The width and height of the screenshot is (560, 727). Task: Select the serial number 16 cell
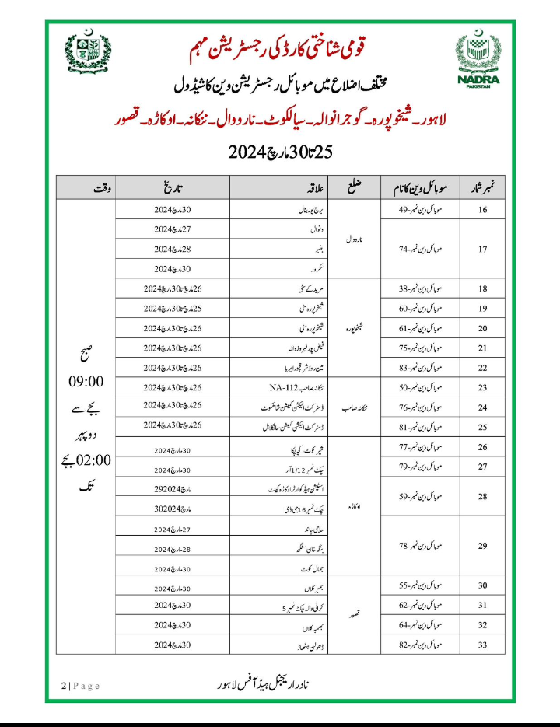pos(482,210)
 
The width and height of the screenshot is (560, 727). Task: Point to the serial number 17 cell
pos(482,250)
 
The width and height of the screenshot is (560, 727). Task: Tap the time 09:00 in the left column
pos(87,385)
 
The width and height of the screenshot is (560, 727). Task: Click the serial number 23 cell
pos(482,386)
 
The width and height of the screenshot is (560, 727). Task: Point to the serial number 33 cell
pos(482,645)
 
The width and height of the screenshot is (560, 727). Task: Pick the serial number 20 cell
pos(482,327)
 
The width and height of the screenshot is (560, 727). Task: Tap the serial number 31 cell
pos(482,605)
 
